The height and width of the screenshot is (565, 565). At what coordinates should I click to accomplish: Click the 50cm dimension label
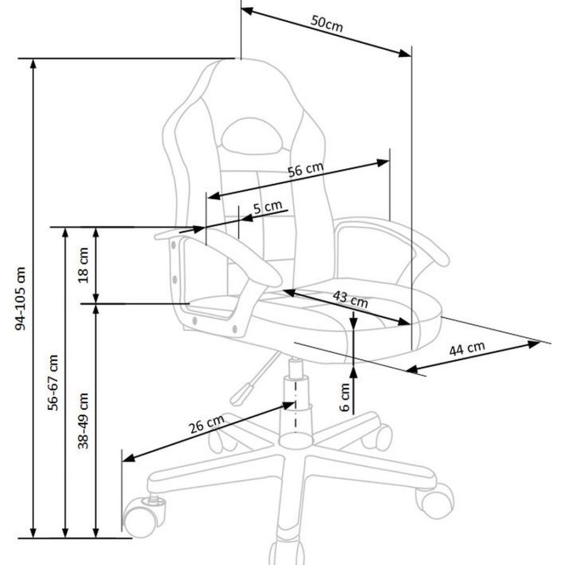[x=326, y=23]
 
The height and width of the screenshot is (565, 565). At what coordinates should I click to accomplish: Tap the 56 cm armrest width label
[x=306, y=169]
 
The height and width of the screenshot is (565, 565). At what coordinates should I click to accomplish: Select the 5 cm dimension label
[x=267, y=207]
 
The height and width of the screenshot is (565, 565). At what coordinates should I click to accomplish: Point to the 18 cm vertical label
[x=83, y=265]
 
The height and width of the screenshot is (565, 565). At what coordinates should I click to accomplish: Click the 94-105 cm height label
[x=21, y=298]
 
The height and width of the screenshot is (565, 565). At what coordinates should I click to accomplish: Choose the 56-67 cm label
[x=53, y=382]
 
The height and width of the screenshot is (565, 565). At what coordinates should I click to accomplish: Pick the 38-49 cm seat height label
[x=83, y=421]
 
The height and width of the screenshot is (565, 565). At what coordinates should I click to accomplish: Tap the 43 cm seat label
[x=350, y=299]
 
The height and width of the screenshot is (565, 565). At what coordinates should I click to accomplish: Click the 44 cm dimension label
[x=467, y=348]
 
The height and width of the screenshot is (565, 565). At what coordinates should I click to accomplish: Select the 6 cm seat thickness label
[x=345, y=397]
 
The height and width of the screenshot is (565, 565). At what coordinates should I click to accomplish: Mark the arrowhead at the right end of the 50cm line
[x=405, y=53]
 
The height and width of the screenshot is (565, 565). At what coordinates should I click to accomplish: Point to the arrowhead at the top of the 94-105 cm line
[x=33, y=64]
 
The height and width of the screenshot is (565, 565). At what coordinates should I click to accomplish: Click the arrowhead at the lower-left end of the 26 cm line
[x=129, y=458]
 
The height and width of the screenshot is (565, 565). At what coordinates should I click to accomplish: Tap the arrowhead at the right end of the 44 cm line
[x=534, y=344]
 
